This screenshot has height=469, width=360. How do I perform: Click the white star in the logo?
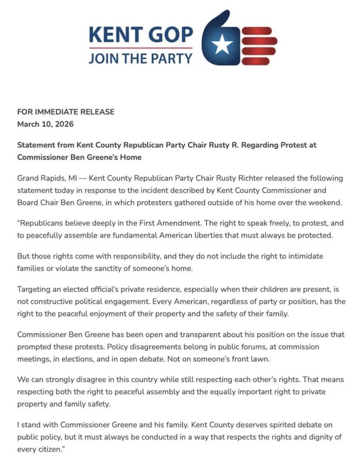pos(224,42)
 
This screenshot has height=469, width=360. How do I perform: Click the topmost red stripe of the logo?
pos(257,30)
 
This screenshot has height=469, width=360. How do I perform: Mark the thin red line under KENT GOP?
pos(141,48)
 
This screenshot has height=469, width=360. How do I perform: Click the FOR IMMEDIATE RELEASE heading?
pos(66,112)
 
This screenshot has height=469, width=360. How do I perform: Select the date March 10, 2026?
pos(45,124)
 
